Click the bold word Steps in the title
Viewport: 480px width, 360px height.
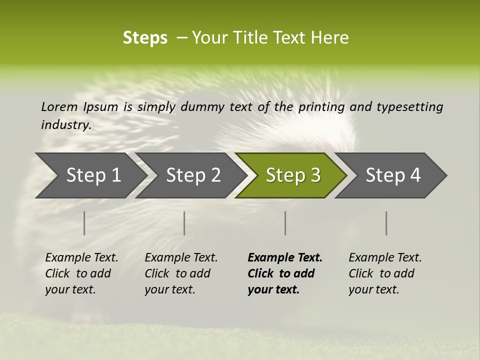coord(145,38)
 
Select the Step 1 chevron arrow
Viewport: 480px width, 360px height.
coord(90,175)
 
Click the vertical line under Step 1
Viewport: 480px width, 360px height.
coord(84,223)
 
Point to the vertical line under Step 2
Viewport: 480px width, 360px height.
coord(184,223)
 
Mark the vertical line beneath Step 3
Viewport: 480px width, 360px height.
coord(285,223)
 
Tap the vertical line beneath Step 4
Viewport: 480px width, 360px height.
coord(386,223)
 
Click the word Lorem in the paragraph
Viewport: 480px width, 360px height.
coord(59,107)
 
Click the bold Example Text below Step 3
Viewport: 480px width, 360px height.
coord(285,258)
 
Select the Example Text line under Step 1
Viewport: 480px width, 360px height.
coord(81,258)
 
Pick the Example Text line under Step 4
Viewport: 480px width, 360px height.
coord(385,258)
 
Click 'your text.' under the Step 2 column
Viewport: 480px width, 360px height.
coord(169,290)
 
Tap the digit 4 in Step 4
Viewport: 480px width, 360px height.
coord(415,175)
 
